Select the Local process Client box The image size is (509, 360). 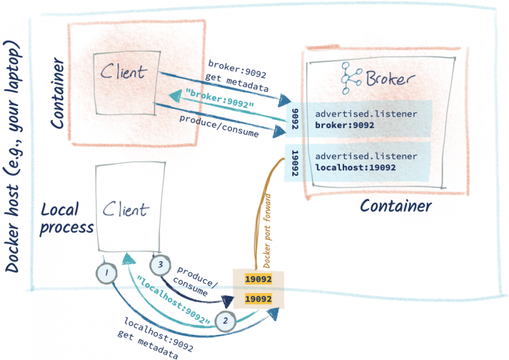point(130,209)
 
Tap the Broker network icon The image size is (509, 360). point(351,78)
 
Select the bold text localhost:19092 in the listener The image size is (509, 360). point(356,168)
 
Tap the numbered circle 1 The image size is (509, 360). point(107,272)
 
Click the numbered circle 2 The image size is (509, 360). point(225,322)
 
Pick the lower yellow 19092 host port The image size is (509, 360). point(258,300)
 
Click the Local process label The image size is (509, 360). point(66,218)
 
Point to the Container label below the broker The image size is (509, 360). point(396,206)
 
